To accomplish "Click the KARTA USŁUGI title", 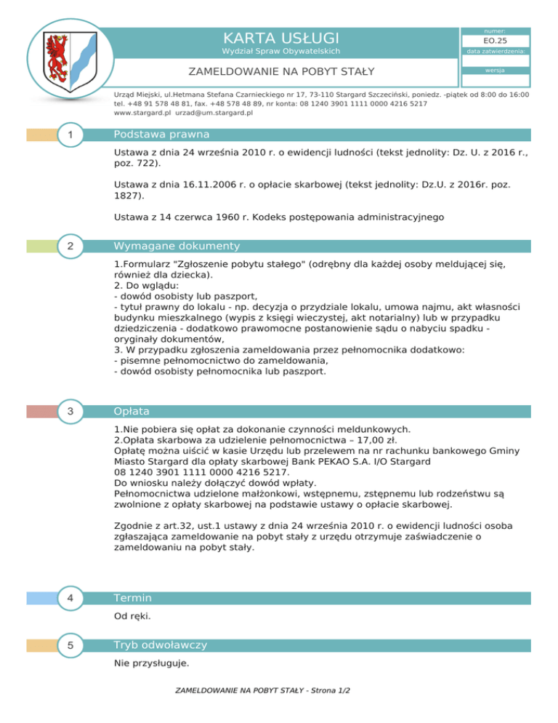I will [280, 37].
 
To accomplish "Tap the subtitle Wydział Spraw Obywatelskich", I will [280, 52].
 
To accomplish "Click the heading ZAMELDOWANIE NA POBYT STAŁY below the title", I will [280, 72].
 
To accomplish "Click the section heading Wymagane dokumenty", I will [177, 247].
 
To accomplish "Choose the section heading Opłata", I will [132, 412].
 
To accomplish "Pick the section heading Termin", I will [132, 599].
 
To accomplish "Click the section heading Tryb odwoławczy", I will [161, 645].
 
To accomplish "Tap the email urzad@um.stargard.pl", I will [214, 113].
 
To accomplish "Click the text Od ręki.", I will [133, 616].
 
